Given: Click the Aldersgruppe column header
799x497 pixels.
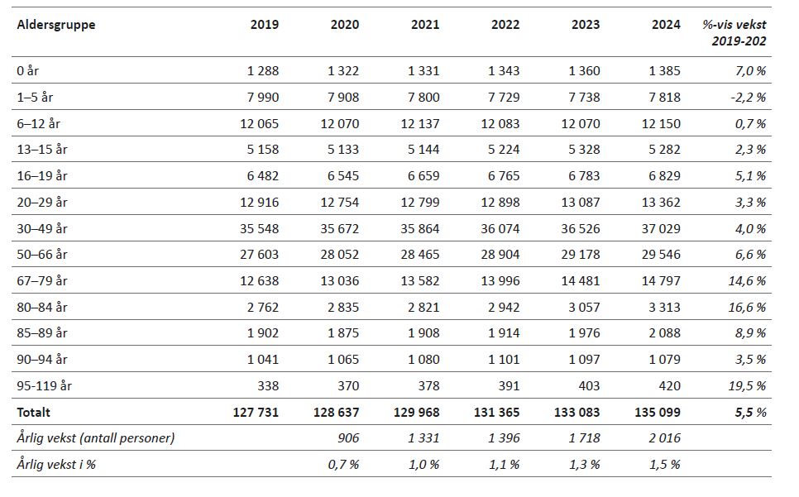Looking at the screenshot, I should coord(56,25).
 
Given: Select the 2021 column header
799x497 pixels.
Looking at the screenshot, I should coord(425,25).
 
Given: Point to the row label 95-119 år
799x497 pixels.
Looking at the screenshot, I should coord(45,385).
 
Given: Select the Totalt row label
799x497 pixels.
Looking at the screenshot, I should coord(34,412).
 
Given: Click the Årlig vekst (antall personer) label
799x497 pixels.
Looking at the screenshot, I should coord(96,438).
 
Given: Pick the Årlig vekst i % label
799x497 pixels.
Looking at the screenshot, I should coord(57,464).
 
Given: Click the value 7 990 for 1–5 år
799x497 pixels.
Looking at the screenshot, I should coord(263,98).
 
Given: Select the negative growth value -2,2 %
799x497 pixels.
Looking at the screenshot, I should coord(747,98).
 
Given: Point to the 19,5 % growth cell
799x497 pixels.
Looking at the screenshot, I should coord(746,385).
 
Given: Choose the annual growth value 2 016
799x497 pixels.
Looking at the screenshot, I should coord(665,438).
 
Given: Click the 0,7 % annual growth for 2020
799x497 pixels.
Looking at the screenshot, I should coord(342,464).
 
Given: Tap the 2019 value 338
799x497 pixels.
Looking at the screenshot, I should coord(268,385).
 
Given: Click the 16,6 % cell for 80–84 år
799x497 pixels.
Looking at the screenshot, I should coord(746,307).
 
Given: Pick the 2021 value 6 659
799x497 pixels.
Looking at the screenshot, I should coord(423,176).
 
